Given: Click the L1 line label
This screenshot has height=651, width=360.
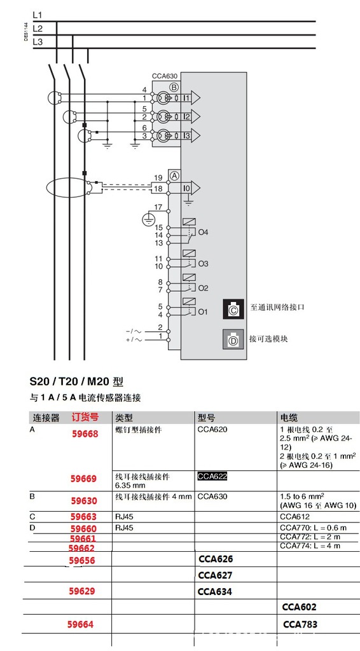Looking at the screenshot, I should click(38, 14).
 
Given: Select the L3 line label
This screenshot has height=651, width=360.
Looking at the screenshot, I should click(38, 42).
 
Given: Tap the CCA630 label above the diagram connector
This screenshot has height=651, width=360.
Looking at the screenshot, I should click(164, 76).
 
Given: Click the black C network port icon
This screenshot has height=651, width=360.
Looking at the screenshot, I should click(233, 310).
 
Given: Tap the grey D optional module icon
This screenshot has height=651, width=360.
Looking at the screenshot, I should click(233, 339).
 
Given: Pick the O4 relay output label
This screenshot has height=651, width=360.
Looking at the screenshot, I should click(204, 232).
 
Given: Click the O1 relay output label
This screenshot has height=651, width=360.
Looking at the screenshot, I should click(203, 312).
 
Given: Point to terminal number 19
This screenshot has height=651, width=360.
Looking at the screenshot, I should click(158, 177).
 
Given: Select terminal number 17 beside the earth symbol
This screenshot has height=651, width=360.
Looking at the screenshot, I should click(158, 208).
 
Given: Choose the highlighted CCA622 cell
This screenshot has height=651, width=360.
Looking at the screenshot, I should click(212, 476).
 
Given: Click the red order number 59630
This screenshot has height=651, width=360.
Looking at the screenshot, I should click(84, 500).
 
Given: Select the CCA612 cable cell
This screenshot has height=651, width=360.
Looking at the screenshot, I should click(294, 517).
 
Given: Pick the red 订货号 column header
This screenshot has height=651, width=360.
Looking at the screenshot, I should click(85, 418).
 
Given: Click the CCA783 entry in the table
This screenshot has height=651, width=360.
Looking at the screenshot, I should click(300, 624).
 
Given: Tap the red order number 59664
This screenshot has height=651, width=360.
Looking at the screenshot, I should click(81, 624).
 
